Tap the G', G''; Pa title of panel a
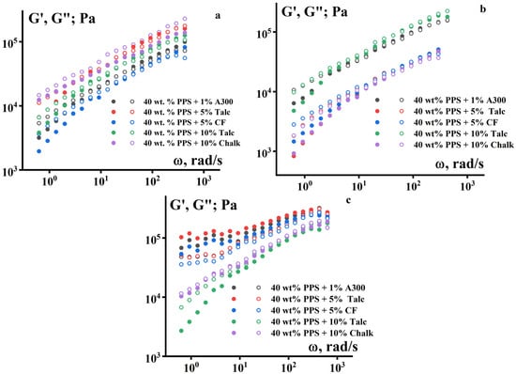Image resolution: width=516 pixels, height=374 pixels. pos(47,15)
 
